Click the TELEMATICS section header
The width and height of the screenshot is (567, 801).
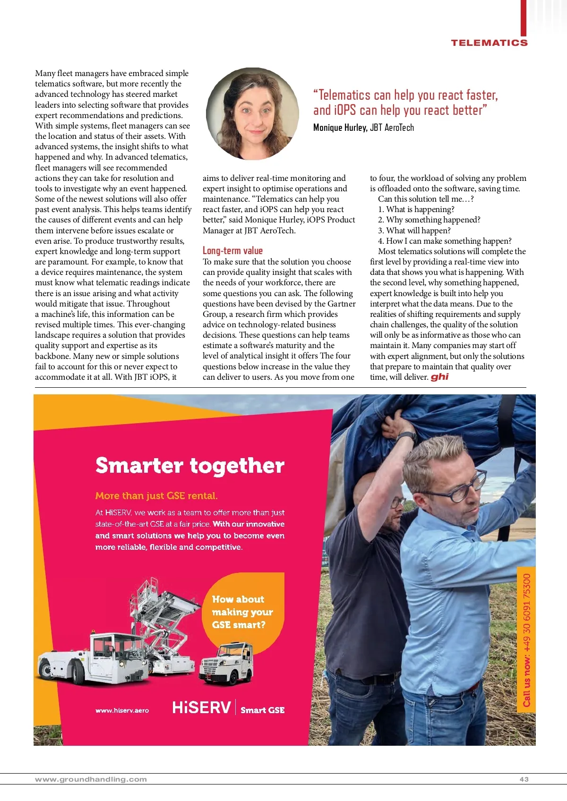point(489,43)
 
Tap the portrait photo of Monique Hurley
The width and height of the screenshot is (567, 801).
point(252,114)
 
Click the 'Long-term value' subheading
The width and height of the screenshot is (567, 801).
point(232,251)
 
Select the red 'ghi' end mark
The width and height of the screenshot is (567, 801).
point(439,377)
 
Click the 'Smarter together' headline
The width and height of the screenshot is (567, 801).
point(190,466)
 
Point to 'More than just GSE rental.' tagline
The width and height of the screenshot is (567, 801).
point(156,496)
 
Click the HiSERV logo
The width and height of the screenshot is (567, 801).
point(202,707)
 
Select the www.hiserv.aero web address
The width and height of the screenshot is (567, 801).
point(122,710)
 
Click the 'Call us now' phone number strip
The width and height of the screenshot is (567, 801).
point(526,640)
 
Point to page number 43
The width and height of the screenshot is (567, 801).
point(524,779)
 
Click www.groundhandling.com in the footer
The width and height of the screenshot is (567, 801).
point(91,779)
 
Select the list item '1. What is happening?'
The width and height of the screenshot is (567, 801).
point(416,209)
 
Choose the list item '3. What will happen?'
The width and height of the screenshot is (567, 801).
point(414,230)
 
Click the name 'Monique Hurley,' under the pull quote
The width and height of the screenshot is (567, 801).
point(340,128)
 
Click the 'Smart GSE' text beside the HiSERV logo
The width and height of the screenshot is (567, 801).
point(263,710)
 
